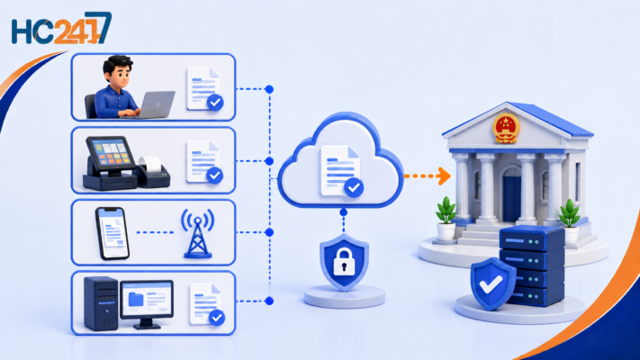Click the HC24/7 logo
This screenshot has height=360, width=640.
(x=61, y=29)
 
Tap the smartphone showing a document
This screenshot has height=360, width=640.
(x=113, y=233)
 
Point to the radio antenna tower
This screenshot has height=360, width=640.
(x=198, y=233)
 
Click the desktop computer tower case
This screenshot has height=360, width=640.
(x=101, y=303)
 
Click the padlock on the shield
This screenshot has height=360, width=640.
(x=344, y=262)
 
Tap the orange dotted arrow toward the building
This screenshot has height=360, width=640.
(x=428, y=176)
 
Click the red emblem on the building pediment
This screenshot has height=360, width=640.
(x=506, y=129)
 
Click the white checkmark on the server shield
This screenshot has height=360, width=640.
(x=491, y=284)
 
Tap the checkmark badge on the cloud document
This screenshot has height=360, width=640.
(x=354, y=188)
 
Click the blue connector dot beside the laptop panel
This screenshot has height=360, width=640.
(x=269, y=89)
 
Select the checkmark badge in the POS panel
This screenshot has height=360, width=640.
(x=215, y=175)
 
